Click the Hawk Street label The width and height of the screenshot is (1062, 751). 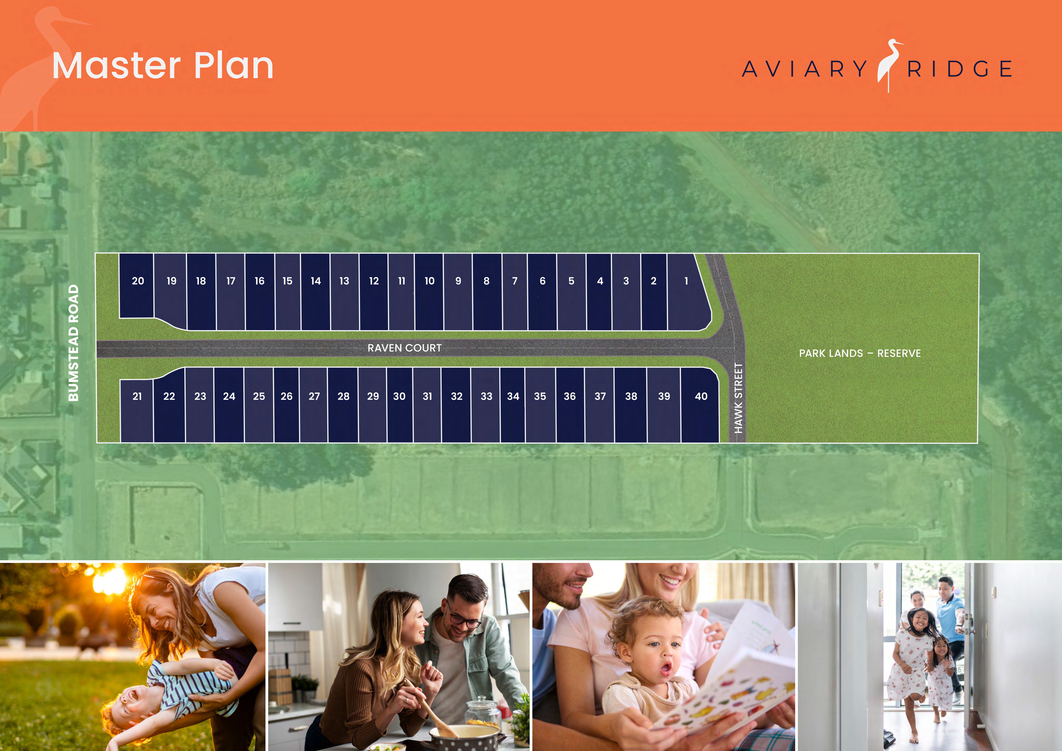click(x=738, y=398)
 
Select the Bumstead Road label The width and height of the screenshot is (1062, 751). click(x=74, y=343)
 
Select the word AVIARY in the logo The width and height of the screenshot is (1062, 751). click(x=805, y=69)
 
